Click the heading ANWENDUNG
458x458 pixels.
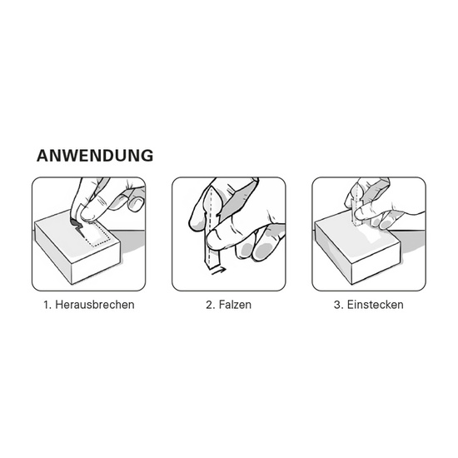pos(94,156)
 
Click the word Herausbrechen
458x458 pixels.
pos(94,305)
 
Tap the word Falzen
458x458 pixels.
pos(236,305)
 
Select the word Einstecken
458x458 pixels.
pos(375,305)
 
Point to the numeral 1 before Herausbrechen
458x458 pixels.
pos(46,305)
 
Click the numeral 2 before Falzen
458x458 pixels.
pos(210,305)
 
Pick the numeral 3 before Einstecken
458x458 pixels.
pos(337,305)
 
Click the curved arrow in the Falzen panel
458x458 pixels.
pos(217,270)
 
